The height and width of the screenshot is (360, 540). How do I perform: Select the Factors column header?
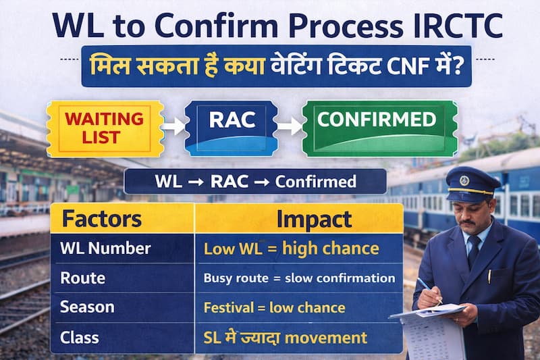point(101,219)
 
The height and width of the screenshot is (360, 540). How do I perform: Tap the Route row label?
point(82,278)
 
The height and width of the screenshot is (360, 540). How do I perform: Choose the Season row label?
point(86,307)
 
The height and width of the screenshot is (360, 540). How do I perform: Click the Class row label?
point(80,336)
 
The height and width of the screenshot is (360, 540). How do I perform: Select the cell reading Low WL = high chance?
point(291,249)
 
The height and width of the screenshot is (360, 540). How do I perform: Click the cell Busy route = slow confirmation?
point(299,278)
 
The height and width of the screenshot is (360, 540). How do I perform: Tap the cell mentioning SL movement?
point(286,337)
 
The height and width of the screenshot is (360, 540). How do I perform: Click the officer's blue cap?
point(472,182)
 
